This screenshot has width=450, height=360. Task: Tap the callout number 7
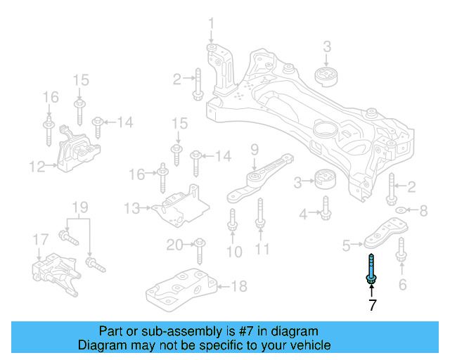372,305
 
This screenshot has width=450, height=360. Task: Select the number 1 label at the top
210,26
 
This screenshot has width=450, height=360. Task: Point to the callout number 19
79,207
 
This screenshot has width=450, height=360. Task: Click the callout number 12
37,167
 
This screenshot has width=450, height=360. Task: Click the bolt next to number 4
326,207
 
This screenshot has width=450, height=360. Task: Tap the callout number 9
255,148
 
